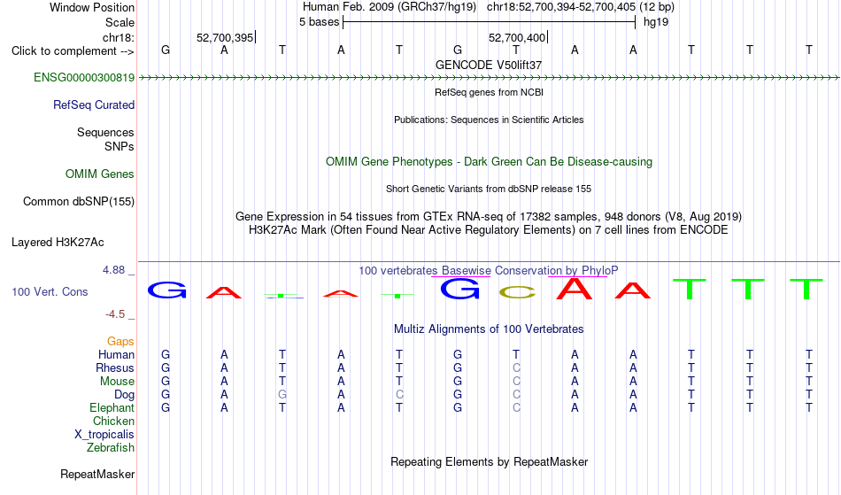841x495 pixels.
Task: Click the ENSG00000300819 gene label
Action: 84,77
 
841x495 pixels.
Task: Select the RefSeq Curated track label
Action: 94,104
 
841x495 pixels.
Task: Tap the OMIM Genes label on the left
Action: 100,174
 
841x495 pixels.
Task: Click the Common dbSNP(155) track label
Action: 79,201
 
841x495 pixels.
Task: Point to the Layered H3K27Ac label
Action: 58,242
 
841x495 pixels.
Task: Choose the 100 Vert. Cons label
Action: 50,291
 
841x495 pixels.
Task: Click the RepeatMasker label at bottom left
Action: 97,474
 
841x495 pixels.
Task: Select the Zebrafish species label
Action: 111,447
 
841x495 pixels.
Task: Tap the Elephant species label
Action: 112,407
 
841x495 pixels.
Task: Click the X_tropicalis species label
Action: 104,435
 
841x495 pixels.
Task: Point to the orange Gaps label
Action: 120,341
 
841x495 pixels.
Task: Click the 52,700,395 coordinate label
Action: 225,37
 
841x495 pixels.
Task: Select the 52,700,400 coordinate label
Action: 517,37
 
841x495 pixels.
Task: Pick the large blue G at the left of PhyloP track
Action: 166,290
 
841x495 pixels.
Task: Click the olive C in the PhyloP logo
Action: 517,292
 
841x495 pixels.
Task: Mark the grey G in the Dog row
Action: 282,394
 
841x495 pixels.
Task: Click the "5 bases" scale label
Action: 319,22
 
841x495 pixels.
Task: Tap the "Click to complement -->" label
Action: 73,51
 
